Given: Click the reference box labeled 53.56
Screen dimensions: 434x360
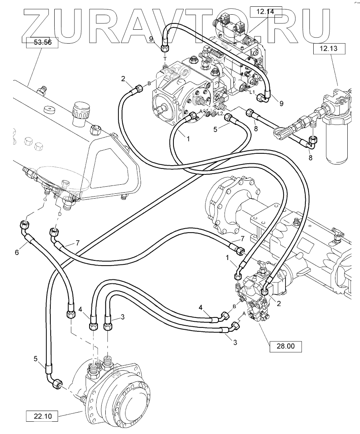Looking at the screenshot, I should (42, 42).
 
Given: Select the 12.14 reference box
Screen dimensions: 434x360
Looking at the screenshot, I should (265, 12).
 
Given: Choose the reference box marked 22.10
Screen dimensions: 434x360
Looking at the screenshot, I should (42, 416).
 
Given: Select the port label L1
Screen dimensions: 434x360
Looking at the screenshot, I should (251, 92).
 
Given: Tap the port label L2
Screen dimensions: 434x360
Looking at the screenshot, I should (220, 113).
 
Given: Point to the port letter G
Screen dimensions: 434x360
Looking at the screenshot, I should (45, 199).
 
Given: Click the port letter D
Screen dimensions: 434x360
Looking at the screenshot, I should (60, 214).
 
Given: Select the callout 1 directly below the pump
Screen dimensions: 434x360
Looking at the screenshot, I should (188, 140).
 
